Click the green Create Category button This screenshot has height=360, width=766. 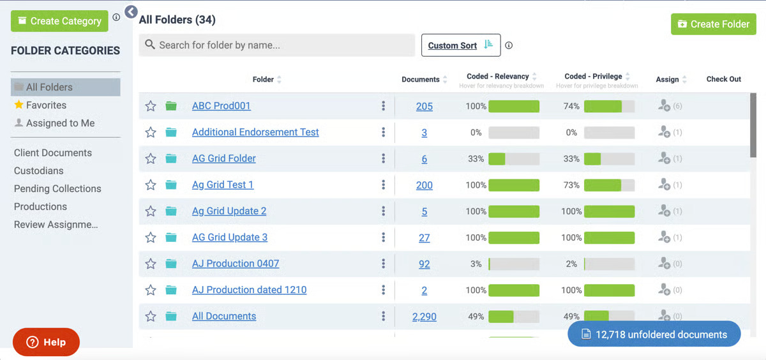click(59, 21)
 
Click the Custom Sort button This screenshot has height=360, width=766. click(461, 45)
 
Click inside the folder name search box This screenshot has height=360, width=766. click(276, 45)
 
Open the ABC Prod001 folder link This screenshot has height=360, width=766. click(222, 106)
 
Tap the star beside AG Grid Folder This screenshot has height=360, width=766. click(151, 159)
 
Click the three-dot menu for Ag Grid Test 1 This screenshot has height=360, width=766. click(384, 185)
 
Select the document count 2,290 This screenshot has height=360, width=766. click(424, 317)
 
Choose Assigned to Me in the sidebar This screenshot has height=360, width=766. click(55, 123)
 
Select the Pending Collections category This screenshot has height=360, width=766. click(57, 189)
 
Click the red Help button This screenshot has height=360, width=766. click(46, 342)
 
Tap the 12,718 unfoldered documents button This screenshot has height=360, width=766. click(654, 334)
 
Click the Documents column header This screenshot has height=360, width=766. click(421, 79)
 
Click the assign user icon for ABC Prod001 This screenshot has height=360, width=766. click(664, 106)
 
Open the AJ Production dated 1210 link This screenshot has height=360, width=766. click(250, 290)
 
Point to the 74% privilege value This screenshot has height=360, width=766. click(571, 107)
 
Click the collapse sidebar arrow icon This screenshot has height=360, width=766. click(131, 12)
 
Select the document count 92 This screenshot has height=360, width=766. click(424, 264)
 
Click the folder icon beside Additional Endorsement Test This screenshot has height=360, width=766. click(171, 132)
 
